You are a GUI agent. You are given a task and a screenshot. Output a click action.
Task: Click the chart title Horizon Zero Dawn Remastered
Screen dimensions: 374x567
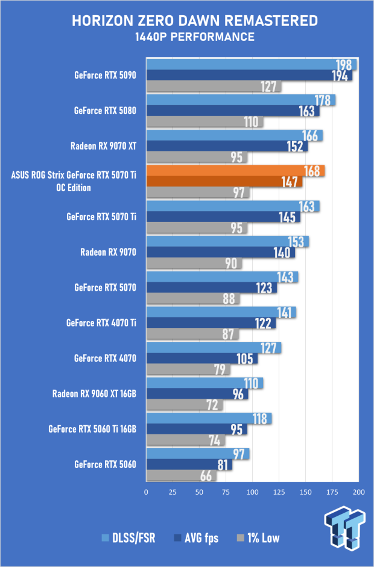point(195,21)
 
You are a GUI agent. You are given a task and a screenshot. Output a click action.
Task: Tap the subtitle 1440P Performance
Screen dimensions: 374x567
point(195,37)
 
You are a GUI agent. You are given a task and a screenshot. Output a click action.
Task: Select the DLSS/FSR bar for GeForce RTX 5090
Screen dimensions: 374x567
point(252,65)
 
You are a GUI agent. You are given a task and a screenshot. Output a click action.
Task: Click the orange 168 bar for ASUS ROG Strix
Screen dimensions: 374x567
point(235,171)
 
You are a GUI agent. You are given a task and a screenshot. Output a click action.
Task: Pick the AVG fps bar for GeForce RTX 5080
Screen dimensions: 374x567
point(233,111)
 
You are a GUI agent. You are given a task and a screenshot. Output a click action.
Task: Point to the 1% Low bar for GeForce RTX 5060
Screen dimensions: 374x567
point(181,476)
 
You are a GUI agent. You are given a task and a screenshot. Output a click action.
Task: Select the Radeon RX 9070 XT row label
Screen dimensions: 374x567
point(103,146)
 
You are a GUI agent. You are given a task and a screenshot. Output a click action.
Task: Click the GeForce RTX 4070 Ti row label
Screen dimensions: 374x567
point(101,323)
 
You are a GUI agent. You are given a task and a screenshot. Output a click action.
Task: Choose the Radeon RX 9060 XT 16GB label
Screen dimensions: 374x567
point(94,393)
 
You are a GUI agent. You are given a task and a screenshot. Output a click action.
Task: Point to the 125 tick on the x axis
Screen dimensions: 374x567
point(279,492)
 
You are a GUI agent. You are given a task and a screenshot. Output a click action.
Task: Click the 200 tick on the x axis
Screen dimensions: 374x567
point(359,492)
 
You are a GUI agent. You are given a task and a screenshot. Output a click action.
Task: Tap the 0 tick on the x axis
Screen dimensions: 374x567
point(146,492)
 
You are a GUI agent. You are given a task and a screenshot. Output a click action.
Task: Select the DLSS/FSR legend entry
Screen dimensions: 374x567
point(128,538)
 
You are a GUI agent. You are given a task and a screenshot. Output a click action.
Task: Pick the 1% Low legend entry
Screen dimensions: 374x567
point(258,538)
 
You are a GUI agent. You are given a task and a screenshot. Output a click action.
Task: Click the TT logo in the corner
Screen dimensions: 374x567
point(344,528)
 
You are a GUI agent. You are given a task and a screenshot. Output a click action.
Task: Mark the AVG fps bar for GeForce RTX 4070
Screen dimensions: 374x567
point(202,359)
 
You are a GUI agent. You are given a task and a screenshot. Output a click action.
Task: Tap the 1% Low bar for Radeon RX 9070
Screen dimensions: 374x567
point(194,263)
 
